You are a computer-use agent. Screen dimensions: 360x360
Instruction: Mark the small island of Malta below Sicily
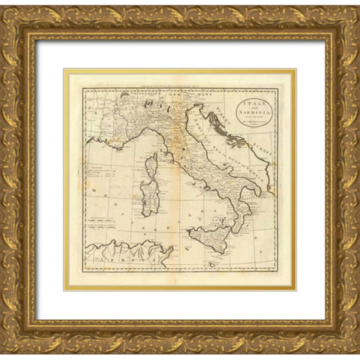point(215,263)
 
